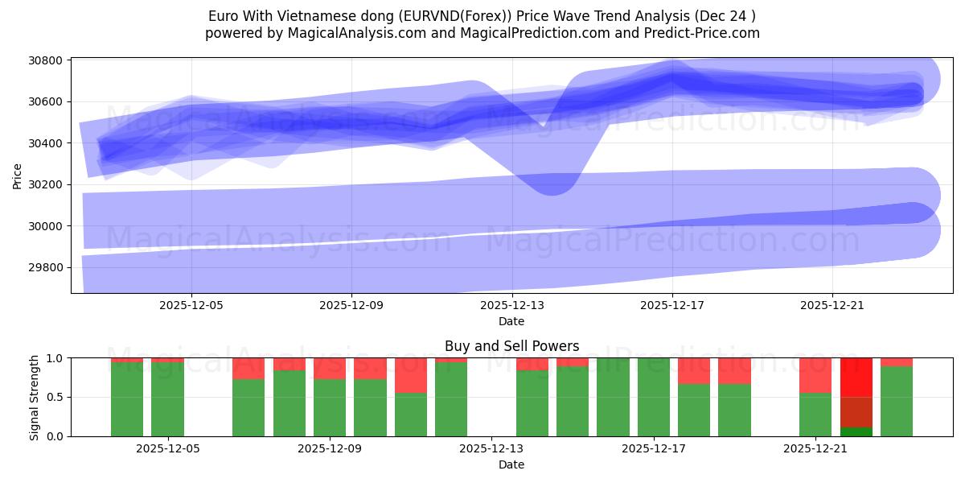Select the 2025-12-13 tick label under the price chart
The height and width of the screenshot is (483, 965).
click(x=511, y=306)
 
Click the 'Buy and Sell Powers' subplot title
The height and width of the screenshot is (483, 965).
click(x=511, y=347)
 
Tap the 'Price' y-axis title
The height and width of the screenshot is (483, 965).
click(x=18, y=175)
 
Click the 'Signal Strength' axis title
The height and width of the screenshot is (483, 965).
click(x=34, y=397)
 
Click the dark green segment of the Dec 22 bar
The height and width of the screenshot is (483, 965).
click(x=856, y=431)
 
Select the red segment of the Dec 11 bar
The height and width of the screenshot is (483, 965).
click(x=411, y=375)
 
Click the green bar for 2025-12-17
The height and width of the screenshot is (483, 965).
click(x=654, y=397)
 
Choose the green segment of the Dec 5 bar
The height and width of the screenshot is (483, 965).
click(x=167, y=399)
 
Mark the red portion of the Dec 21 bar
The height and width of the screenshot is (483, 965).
click(x=815, y=375)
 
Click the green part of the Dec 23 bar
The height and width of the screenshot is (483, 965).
click(x=896, y=401)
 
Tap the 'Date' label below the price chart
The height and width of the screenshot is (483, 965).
click(x=511, y=322)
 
